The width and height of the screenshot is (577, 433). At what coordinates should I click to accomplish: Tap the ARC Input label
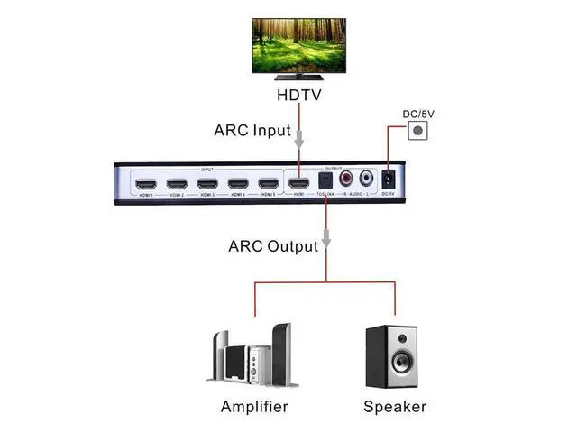tap(252, 130)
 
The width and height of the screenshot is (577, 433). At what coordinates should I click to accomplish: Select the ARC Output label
tap(273, 245)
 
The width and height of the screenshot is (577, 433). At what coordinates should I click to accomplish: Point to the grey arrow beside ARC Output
tap(327, 236)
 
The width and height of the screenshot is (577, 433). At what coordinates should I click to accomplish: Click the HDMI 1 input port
tap(144, 185)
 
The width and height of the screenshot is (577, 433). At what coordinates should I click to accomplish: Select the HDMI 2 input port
tap(175, 185)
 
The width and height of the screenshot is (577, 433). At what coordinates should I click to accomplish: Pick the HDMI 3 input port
tap(206, 185)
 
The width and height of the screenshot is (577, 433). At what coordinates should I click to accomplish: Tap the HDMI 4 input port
tap(237, 185)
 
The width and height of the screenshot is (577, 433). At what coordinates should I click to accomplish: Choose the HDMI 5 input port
tap(268, 185)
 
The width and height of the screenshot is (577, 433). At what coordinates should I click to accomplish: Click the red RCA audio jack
tap(345, 180)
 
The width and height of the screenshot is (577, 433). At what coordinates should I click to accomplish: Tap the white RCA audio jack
tap(367, 180)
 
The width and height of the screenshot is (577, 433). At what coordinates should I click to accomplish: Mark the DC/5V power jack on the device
tap(389, 180)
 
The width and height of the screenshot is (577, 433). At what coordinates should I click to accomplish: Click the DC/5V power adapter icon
tap(417, 131)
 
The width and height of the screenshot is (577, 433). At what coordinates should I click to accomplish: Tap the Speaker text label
tap(395, 406)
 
